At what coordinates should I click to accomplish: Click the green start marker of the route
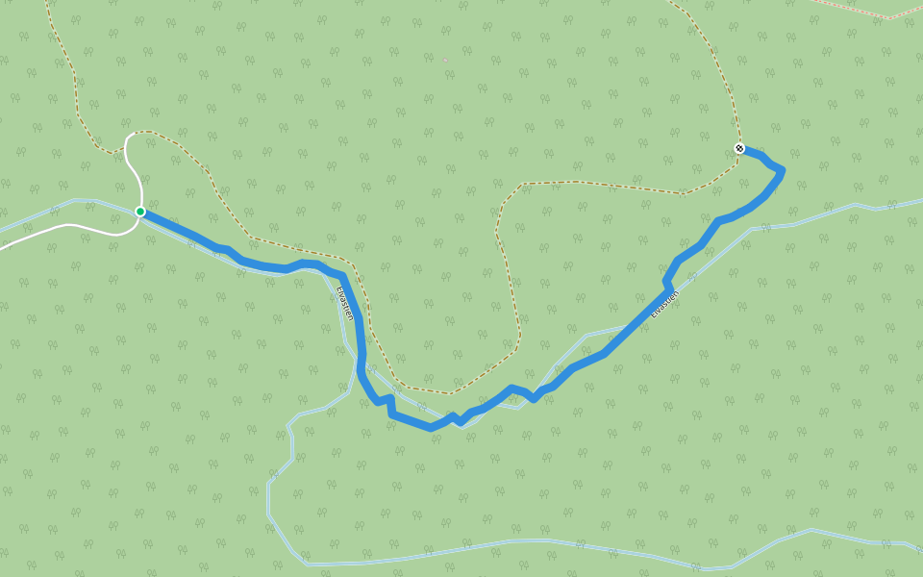140,212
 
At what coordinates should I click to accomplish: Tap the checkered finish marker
739,148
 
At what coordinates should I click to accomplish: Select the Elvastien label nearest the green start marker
344,302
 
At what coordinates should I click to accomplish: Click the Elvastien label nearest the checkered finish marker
664,304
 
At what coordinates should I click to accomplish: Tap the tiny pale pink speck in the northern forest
445,60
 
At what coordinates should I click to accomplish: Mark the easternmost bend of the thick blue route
782,171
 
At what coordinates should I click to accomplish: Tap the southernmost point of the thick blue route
430,428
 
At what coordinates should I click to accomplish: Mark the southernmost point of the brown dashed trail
448,393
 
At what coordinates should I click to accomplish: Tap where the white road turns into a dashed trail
126,149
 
